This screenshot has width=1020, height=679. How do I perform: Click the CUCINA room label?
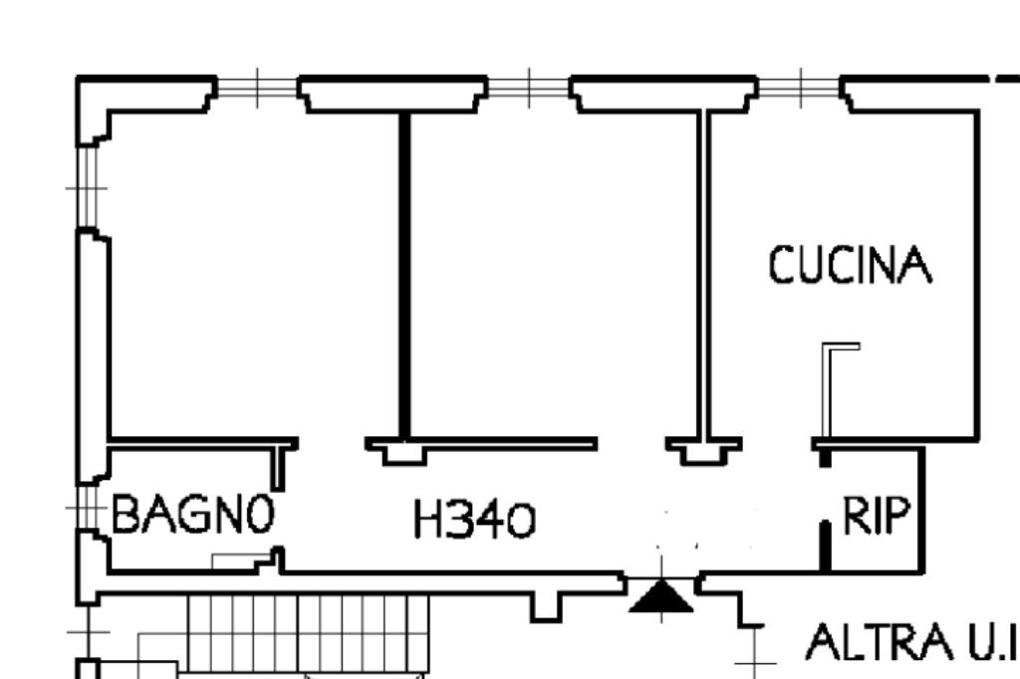(851, 266)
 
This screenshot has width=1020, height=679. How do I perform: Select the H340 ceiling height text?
(474, 520)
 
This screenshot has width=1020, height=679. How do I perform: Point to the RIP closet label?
(877, 517)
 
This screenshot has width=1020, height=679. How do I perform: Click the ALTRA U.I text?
(909, 643)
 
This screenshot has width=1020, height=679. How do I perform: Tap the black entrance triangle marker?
(660, 597)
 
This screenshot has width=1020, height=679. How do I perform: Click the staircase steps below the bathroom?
(308, 632)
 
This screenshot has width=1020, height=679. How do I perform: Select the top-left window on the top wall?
(257, 89)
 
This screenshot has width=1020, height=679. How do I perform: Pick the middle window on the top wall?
(528, 89)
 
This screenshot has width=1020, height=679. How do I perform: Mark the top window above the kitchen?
(799, 89)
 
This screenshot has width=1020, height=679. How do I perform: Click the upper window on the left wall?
(87, 186)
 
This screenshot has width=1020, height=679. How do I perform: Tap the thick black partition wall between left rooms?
(404, 274)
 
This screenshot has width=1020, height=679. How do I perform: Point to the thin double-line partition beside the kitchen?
(704, 274)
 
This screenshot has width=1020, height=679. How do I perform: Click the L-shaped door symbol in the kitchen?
(835, 388)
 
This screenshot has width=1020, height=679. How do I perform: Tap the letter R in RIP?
(854, 517)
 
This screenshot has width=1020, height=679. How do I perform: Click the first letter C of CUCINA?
(783, 266)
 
